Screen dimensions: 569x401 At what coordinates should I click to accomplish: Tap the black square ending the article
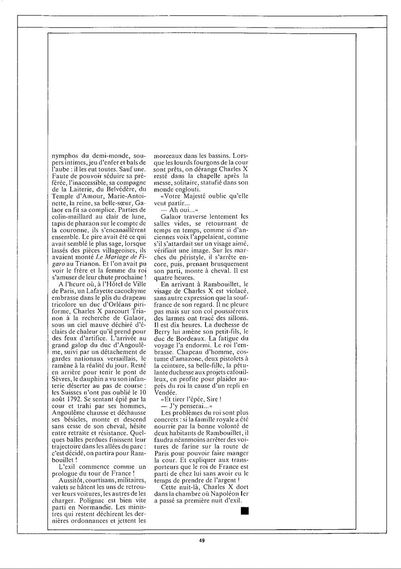click(x=245, y=511)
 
